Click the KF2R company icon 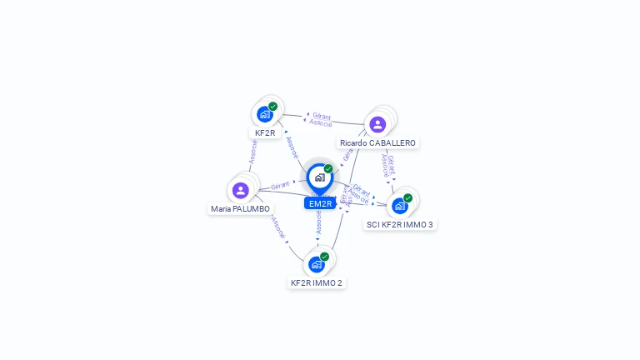tap(265, 114)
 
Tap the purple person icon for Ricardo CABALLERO tap(377, 124)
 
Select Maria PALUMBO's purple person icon tap(241, 190)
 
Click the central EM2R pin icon tap(319, 177)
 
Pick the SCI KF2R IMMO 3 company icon tap(400, 205)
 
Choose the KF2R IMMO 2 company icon tap(316, 264)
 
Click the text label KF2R tap(265, 133)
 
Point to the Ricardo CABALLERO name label tap(377, 143)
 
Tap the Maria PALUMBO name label tap(240, 209)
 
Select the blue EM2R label tap(320, 203)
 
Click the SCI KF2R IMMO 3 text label tap(400, 224)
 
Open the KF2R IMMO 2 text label tap(316, 283)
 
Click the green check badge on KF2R tap(272, 107)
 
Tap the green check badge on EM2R tap(328, 169)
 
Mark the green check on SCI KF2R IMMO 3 tap(407, 198)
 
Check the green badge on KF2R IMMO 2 tap(324, 257)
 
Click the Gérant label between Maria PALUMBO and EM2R tap(280, 186)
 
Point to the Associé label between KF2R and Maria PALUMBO tap(252, 151)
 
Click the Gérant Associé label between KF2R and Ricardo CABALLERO tap(321, 119)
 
